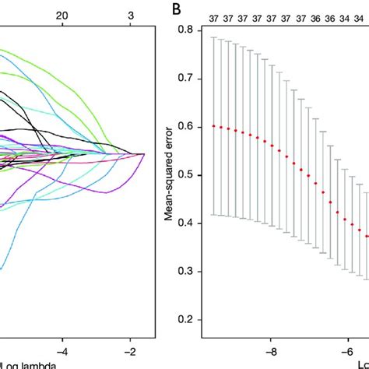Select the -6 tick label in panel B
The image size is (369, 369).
[x=340, y=351]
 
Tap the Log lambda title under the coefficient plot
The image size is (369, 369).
[x=23, y=364]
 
